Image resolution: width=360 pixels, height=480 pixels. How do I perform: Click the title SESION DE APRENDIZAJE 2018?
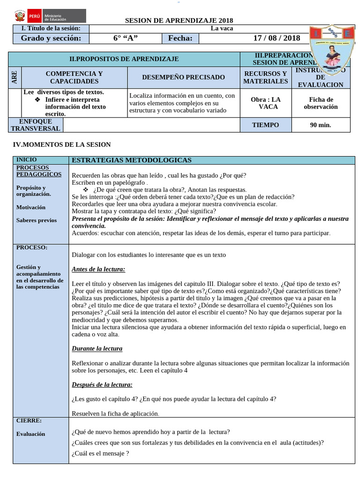(x=179, y=21)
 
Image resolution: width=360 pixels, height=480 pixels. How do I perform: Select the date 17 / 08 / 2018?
(x=277, y=38)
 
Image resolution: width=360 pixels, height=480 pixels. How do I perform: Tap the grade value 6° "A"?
(x=125, y=38)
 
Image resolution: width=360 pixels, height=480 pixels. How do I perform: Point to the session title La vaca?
(x=222, y=28)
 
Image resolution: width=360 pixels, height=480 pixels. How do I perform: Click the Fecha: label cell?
(x=180, y=38)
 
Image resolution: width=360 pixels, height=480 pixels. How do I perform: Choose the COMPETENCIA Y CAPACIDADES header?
(x=74, y=77)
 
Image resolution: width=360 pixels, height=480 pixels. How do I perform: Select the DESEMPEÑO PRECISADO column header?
(x=183, y=77)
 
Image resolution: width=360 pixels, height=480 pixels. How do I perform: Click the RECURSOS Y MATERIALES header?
(x=265, y=77)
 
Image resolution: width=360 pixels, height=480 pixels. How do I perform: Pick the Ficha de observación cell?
(x=321, y=103)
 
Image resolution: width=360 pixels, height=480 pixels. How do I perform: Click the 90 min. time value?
(x=321, y=125)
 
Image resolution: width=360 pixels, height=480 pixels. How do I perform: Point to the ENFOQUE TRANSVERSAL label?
(x=36, y=125)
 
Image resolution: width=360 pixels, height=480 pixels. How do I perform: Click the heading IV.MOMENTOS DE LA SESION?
(x=61, y=145)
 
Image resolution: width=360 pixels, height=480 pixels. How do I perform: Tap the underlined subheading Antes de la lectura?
(x=98, y=270)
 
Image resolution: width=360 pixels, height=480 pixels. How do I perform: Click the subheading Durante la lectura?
(x=97, y=349)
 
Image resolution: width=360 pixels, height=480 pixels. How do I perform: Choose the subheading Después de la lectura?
(x=102, y=385)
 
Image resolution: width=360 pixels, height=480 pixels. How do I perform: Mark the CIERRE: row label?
(x=29, y=420)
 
